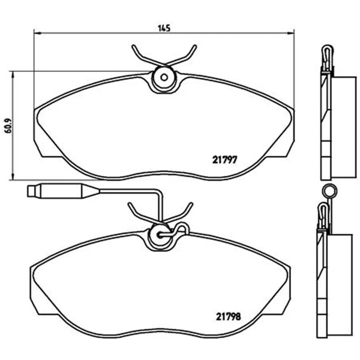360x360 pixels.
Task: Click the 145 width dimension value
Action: pyautogui.click(x=164, y=28)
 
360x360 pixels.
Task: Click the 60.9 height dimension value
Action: pyautogui.click(x=8, y=126)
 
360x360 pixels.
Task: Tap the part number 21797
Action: pyautogui.click(x=224, y=160)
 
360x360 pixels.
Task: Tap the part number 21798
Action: pyautogui.click(x=229, y=317)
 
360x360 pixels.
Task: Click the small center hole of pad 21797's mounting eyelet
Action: pyautogui.click(x=164, y=77)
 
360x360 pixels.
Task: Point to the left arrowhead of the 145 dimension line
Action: pyautogui.click(x=37, y=33)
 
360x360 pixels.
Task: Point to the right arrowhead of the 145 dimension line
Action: pyautogui.click(x=291, y=33)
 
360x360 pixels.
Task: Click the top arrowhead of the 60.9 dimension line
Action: pyautogui.click(x=13, y=75)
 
